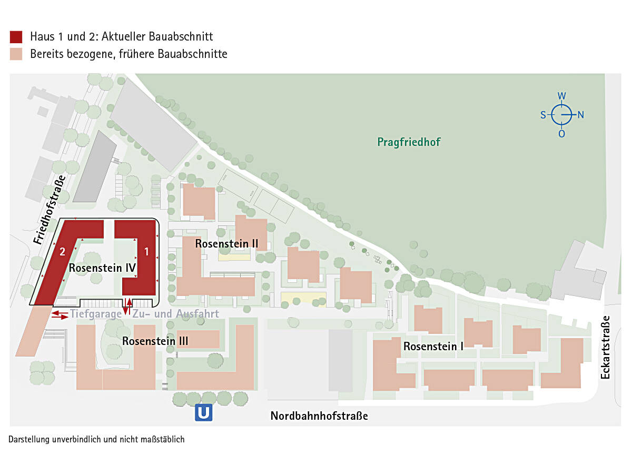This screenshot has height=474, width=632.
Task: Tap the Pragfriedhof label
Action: (409, 142)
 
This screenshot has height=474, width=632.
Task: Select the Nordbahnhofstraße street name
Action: (319, 416)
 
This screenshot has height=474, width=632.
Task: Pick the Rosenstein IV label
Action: (103, 268)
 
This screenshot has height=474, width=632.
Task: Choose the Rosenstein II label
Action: (226, 244)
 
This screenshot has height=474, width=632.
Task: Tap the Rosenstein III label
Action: (155, 341)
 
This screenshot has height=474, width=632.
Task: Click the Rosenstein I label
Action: (433, 347)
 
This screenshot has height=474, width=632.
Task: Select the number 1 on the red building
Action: (146, 252)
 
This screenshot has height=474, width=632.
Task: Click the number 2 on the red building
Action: (62, 252)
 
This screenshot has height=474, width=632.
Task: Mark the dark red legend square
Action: (16, 37)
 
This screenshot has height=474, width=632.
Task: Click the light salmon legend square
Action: (16, 54)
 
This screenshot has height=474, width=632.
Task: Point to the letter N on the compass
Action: (581, 115)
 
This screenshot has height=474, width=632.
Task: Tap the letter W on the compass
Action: (562, 96)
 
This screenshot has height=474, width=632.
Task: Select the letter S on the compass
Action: (543, 115)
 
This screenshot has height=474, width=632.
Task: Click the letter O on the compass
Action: (562, 134)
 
